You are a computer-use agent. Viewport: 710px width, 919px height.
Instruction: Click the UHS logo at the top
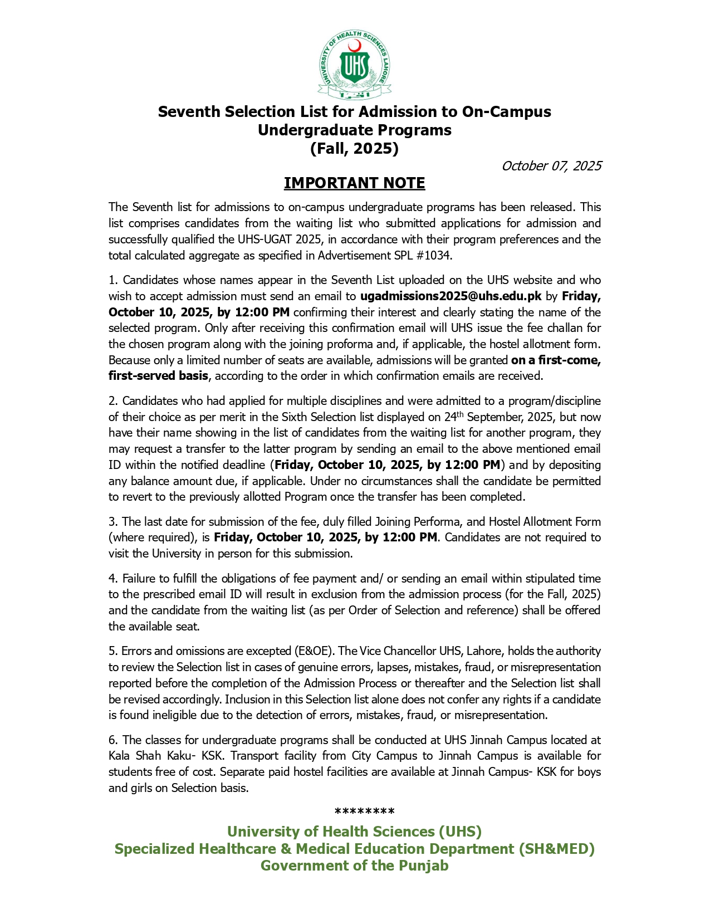pyautogui.click(x=355, y=66)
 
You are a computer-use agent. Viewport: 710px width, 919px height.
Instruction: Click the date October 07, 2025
pyautogui.click(x=551, y=166)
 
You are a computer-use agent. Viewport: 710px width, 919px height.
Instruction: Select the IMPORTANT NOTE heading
pyautogui.click(x=355, y=183)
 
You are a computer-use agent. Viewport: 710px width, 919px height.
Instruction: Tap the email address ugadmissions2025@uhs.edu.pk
pyautogui.click(x=451, y=296)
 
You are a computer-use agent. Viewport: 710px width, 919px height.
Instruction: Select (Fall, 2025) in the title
pyautogui.click(x=355, y=149)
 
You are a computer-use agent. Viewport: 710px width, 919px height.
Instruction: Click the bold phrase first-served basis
pyautogui.click(x=158, y=376)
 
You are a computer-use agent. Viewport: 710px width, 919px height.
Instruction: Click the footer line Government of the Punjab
pyautogui.click(x=355, y=866)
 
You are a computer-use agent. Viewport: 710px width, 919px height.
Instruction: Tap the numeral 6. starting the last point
pyautogui.click(x=113, y=740)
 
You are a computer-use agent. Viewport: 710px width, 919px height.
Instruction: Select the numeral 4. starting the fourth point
pyautogui.click(x=113, y=579)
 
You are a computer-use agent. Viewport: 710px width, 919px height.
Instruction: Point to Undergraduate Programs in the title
pyautogui.click(x=355, y=130)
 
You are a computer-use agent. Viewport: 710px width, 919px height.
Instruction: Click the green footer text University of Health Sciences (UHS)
pyautogui.click(x=355, y=832)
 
